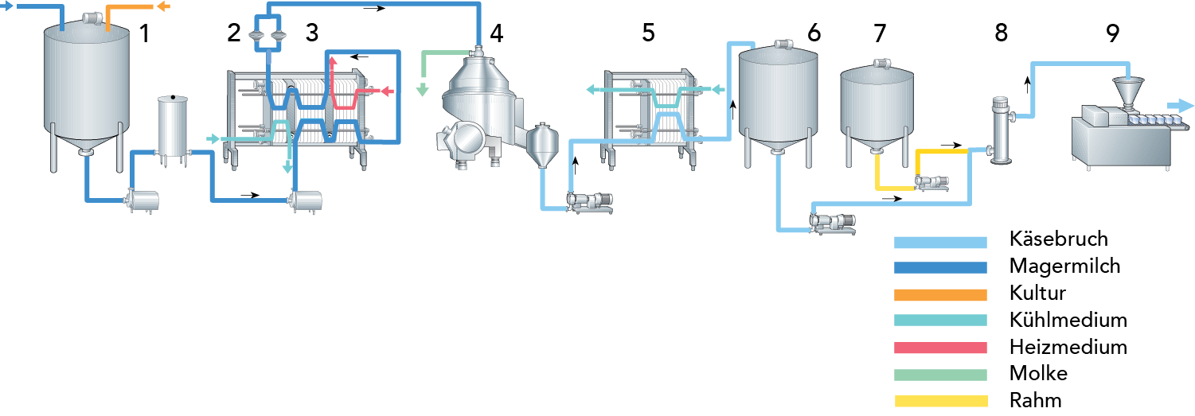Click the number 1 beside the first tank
(145, 33)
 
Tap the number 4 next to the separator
(497, 33)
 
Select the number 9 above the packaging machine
(1113, 33)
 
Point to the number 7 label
(881, 33)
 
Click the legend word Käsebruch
(1058, 239)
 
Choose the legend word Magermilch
(1064, 266)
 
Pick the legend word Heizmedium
(1068, 347)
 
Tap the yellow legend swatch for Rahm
(940, 401)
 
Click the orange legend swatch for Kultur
(940, 294)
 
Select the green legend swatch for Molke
(940, 375)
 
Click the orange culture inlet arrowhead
(163, 6)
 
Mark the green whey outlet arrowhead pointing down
(423, 90)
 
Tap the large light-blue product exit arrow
(1180, 106)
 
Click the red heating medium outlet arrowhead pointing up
(332, 61)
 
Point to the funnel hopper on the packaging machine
(1128, 93)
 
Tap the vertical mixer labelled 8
(1002, 130)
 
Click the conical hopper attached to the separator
(542, 144)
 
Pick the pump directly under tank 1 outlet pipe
(143, 201)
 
